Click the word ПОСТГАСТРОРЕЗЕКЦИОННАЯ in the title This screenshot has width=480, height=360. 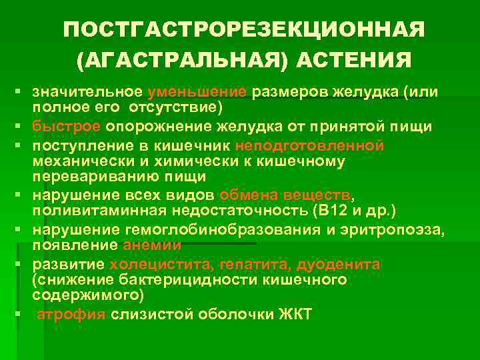[244, 31]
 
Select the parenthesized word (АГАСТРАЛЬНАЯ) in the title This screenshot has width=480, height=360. [183, 61]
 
